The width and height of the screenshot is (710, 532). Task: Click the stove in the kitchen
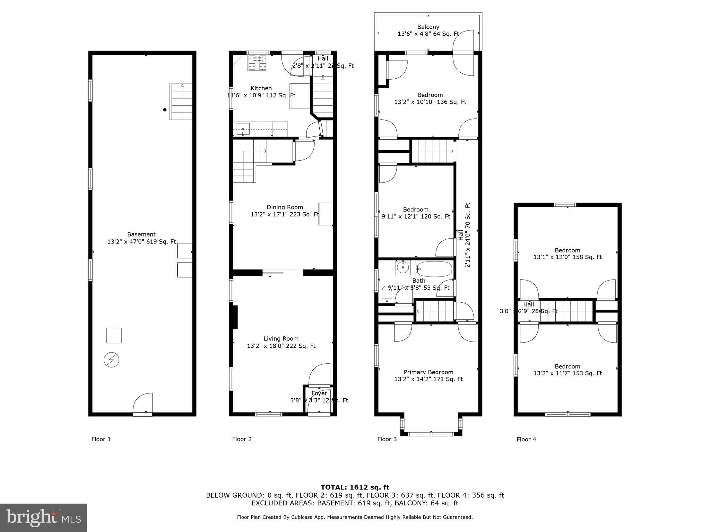coord(257,63)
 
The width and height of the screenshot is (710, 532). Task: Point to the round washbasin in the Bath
coord(403,268)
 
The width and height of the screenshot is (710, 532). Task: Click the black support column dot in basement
coord(165,110)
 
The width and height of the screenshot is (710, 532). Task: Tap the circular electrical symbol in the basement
coord(111,360)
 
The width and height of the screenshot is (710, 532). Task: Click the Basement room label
coord(141,234)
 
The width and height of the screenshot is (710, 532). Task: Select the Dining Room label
coord(285,207)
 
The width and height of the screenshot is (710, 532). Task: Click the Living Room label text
coord(281,339)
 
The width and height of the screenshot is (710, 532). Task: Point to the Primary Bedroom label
coord(428,372)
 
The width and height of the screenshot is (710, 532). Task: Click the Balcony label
coord(428,27)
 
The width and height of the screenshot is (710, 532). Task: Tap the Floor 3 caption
coord(387,439)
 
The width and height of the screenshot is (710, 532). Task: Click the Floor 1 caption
coord(101,439)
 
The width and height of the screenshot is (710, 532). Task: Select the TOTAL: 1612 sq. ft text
coord(355,488)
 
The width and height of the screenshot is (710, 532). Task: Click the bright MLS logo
coord(43,517)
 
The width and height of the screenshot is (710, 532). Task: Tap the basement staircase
coord(181,102)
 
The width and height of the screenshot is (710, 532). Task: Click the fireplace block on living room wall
coord(235,317)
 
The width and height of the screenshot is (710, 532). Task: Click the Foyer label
coord(319,393)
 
